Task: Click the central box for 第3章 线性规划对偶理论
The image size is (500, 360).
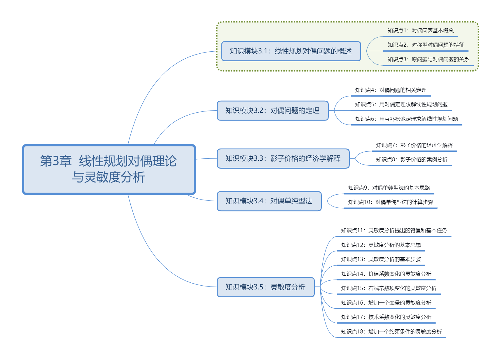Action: pos(109,169)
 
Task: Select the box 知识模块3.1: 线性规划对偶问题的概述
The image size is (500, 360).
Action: pos(291,51)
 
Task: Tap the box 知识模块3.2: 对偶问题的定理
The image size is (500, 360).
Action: pos(272,111)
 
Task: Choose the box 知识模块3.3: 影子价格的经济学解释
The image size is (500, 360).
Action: pos(283,158)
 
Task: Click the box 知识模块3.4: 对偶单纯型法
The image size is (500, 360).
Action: pos(269,201)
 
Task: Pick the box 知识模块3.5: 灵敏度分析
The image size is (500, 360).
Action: pos(265,287)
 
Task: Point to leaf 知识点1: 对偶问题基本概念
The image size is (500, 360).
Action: pos(420,31)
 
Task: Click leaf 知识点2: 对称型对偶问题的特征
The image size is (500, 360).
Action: pos(426,45)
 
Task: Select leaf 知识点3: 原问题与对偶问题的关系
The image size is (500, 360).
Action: pos(428,60)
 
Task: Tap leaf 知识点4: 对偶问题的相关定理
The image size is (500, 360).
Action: pos(391,90)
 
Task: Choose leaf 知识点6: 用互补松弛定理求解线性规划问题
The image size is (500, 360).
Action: pos(406,119)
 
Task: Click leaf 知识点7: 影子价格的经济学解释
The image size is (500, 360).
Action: pos(414,145)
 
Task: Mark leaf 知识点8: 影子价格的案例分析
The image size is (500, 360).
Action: pos(412,160)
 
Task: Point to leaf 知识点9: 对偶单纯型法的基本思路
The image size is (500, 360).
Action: pos(389,188)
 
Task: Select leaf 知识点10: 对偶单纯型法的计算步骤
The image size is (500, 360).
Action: pos(391,202)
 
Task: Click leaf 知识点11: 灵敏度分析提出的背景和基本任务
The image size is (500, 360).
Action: pos(394,230)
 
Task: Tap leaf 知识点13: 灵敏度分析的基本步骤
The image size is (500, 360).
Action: pos(381,259)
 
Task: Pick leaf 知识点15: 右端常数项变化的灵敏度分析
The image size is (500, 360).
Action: pos(389,288)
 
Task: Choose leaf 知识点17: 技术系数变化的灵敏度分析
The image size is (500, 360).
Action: pos(386,317)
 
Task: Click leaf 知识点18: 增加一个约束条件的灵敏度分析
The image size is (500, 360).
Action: pos(391,332)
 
